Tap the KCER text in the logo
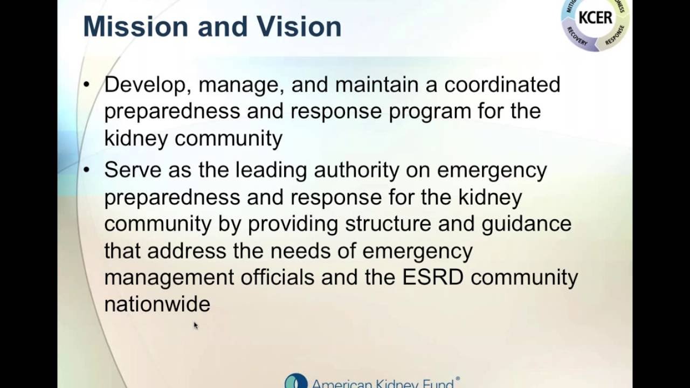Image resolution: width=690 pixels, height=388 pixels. coord(595,18)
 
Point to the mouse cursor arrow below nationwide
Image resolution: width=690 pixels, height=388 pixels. coord(195,324)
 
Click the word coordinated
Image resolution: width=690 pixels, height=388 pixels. coord(502,85)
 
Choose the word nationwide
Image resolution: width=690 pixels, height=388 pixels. coord(157,304)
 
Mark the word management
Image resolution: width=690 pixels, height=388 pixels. coord(169,277)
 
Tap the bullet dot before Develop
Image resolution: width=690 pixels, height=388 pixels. coord(87,85)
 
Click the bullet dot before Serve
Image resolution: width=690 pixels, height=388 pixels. coord(87,170)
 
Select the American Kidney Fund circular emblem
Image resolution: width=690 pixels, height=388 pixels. coord(295,382)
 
